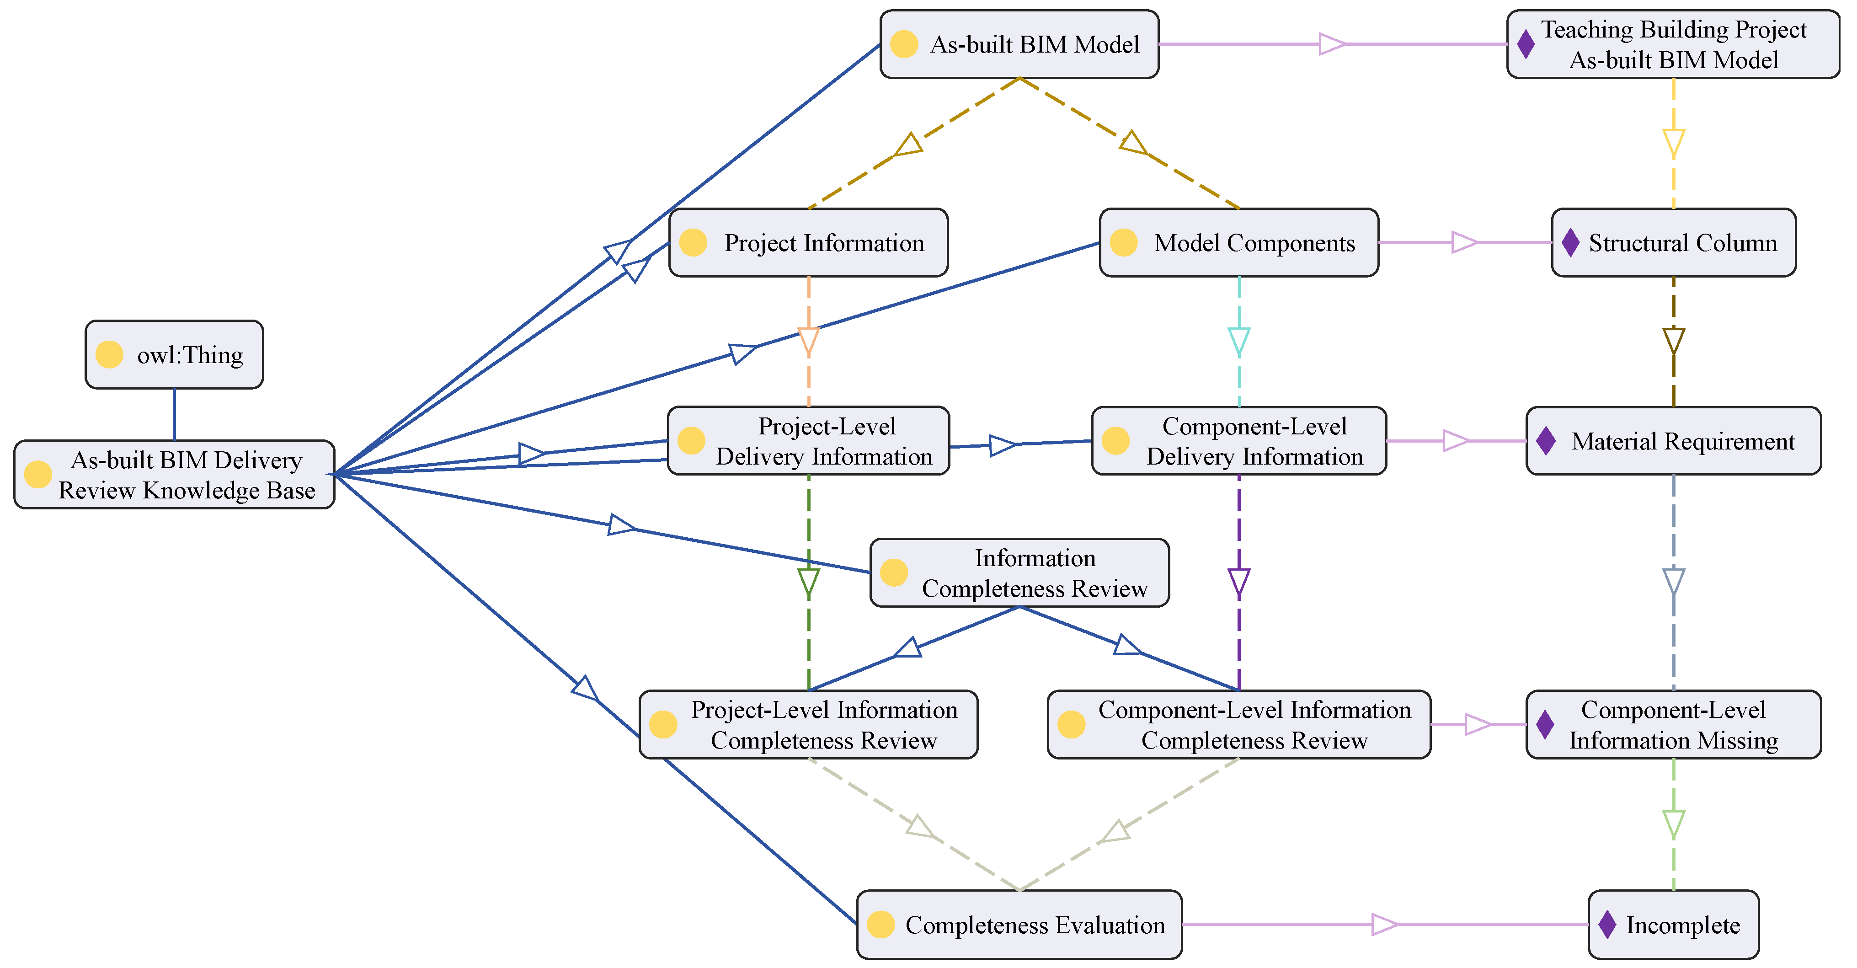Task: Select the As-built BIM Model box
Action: click(1019, 44)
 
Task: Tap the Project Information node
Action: click(808, 243)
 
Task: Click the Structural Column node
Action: click(1674, 243)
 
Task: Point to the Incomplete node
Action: click(1674, 925)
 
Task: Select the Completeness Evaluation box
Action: click(1019, 925)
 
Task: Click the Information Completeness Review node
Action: click(1019, 573)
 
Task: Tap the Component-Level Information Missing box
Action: click(1674, 724)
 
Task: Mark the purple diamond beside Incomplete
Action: click(1607, 925)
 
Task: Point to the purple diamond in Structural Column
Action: click(1570, 243)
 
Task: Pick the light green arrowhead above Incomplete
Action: click(1674, 824)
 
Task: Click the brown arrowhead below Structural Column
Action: click(1674, 342)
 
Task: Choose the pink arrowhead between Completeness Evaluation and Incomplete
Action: click(1385, 925)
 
